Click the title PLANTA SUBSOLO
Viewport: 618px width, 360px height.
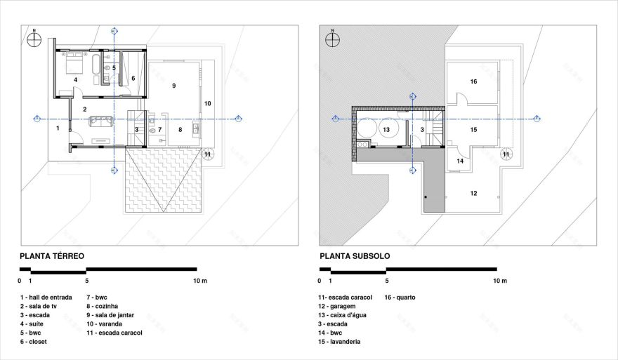coord(355,256)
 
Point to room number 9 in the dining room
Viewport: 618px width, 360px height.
coord(173,85)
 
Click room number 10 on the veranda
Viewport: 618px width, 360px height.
coord(207,103)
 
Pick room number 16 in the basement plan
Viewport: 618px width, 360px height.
coord(473,81)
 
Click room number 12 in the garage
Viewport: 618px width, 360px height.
coord(473,193)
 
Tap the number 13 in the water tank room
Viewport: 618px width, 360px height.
coord(386,130)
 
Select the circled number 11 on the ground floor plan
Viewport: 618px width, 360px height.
coord(207,154)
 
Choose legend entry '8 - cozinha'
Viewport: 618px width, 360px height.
coord(102,306)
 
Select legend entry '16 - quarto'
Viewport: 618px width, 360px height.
coord(400,297)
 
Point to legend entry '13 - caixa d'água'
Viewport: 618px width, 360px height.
coord(342,315)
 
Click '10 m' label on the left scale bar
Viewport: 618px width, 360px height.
coord(200,281)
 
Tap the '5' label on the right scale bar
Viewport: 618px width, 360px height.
coord(386,281)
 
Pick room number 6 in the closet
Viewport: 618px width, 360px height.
coord(133,78)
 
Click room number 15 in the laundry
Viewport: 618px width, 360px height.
coord(473,130)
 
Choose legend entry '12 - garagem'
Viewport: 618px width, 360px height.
coord(337,306)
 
